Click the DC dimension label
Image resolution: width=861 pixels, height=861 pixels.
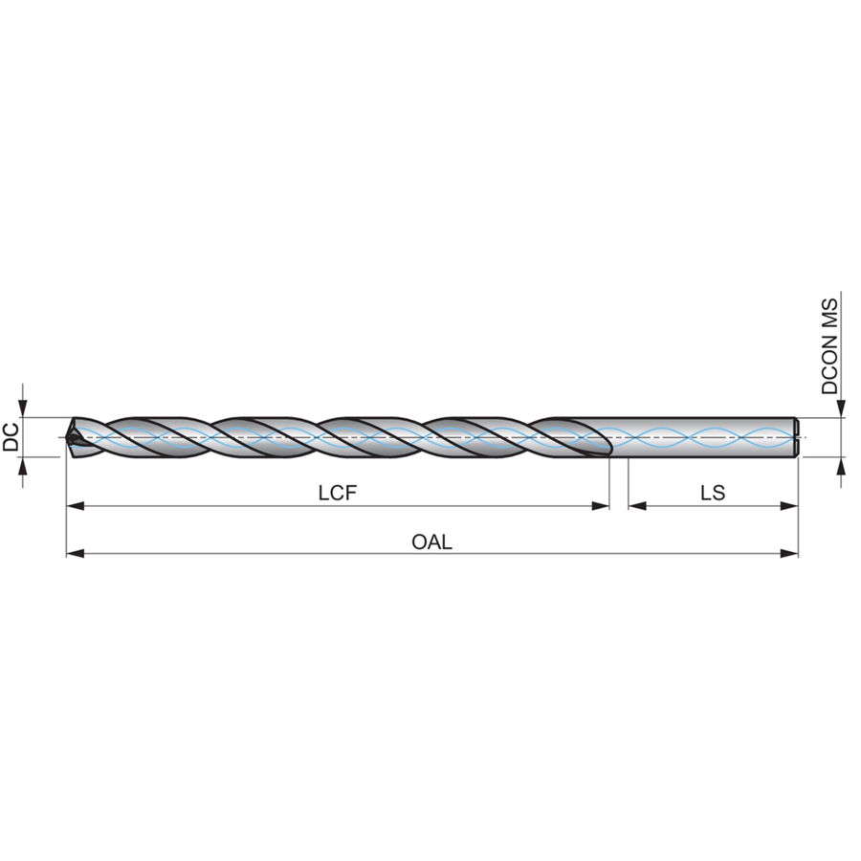click(x=11, y=437)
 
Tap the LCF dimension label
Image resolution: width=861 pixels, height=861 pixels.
click(x=338, y=493)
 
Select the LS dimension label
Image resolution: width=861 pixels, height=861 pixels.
click(x=713, y=493)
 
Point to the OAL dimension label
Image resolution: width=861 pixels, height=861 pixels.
click(x=432, y=542)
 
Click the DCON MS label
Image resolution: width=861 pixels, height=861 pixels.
click(x=829, y=346)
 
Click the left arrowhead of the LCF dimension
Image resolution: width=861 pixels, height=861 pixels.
click(x=76, y=506)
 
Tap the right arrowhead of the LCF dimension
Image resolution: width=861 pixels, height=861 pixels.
click(x=600, y=506)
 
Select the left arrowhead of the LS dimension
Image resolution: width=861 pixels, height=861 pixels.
click(x=637, y=506)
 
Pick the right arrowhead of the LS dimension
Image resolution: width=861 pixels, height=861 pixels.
click(x=789, y=506)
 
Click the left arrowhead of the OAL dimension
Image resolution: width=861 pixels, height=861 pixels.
click(x=76, y=554)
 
